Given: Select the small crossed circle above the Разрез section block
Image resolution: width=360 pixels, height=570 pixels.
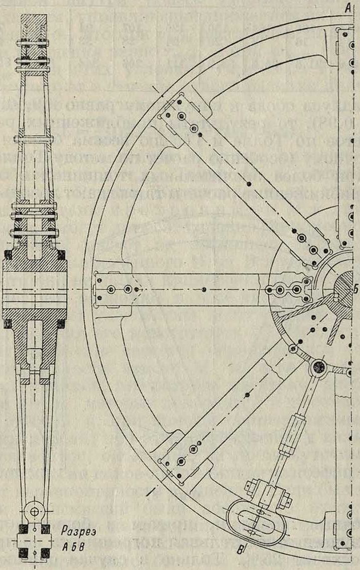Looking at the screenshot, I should [33, 511].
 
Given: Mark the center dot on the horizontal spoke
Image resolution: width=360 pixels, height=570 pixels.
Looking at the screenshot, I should [205, 289].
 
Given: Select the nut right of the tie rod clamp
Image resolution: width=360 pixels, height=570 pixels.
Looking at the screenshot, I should [288, 499].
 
